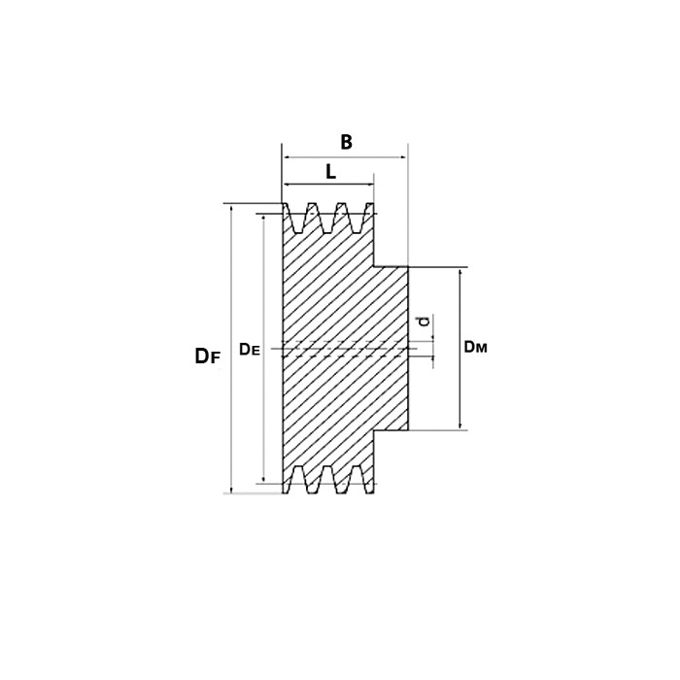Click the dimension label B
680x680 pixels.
(346, 143)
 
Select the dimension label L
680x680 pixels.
(330, 172)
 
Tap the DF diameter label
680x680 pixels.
(207, 357)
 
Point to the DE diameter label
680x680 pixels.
(249, 348)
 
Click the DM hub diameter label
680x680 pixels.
(475, 347)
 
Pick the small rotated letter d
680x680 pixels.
(422, 322)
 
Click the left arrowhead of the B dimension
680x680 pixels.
(286, 156)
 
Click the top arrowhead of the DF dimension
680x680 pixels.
(231, 208)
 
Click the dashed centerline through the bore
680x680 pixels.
(340, 348)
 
